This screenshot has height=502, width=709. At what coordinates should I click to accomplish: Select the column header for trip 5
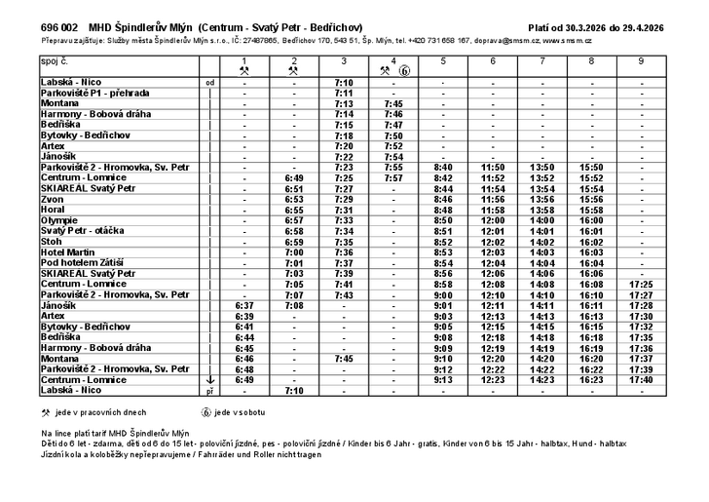click(x=443, y=61)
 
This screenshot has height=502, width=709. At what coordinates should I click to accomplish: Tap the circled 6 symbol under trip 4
click(x=404, y=71)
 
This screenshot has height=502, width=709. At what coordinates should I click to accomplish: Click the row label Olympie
click(x=60, y=220)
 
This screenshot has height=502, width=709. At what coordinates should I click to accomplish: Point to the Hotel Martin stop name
click(x=67, y=251)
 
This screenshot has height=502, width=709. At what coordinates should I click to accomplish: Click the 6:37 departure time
click(x=244, y=305)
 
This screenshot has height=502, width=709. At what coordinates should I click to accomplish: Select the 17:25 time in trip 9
click(x=641, y=284)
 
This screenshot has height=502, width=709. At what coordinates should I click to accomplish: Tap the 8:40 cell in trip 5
click(x=443, y=168)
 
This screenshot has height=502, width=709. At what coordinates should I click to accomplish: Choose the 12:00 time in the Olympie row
click(x=493, y=220)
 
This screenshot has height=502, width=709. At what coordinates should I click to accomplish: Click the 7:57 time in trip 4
click(x=393, y=178)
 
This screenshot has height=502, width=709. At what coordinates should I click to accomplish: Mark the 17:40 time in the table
click(x=641, y=379)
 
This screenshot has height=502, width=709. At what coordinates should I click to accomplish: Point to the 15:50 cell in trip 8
click(x=592, y=168)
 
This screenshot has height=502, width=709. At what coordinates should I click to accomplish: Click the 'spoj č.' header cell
click(x=56, y=61)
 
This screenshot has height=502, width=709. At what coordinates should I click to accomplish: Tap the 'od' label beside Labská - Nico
click(x=209, y=83)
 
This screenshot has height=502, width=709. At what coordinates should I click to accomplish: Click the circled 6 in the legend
click(x=206, y=412)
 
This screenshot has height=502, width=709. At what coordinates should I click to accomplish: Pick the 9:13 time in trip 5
click(x=443, y=379)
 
